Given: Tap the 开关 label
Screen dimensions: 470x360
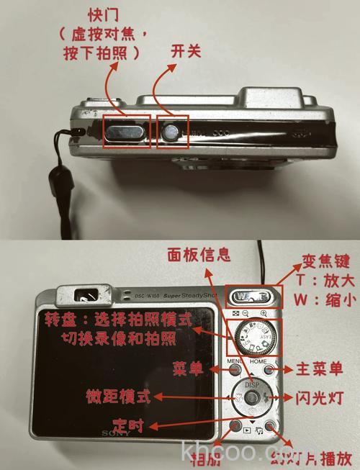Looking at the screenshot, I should tap(185, 51).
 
